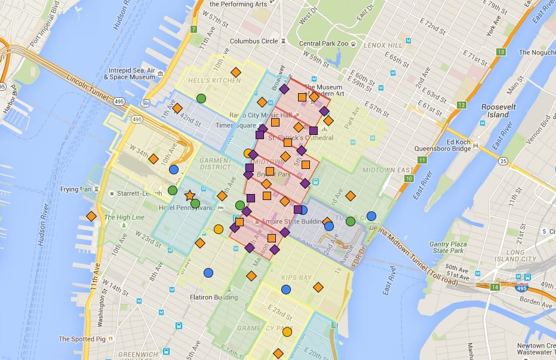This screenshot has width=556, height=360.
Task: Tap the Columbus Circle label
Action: click(x=254, y=42)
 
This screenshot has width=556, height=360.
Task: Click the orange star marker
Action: click(x=189, y=195)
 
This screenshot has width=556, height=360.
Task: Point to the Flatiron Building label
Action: click(x=213, y=297)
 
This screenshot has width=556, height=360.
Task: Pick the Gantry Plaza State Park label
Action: click(x=449, y=248)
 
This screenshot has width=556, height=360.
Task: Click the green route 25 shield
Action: click(x=503, y=161)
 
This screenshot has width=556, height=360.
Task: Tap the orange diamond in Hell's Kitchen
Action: click(x=235, y=72)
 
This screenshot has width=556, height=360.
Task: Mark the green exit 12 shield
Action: click(x=461, y=105)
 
